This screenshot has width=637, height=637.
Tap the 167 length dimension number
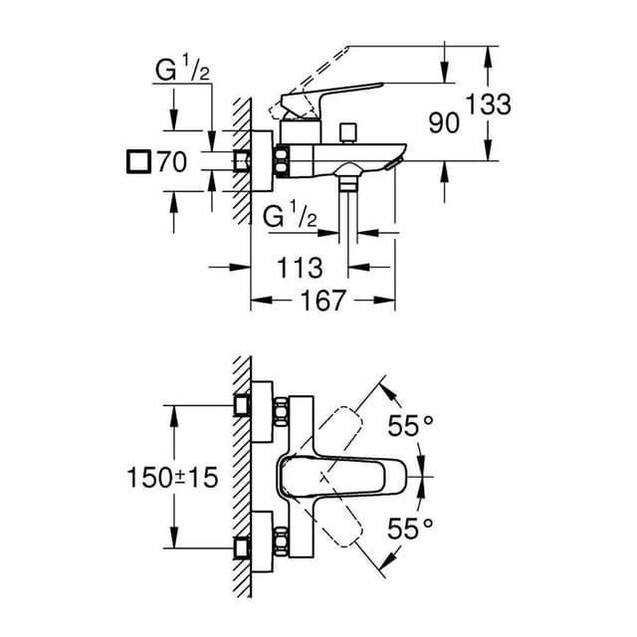click(322, 300)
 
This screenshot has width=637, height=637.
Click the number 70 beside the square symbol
click(172, 162)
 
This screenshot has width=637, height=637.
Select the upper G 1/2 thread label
click(180, 73)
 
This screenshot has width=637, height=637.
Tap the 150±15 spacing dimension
click(171, 477)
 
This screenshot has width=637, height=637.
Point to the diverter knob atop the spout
click(347, 131)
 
